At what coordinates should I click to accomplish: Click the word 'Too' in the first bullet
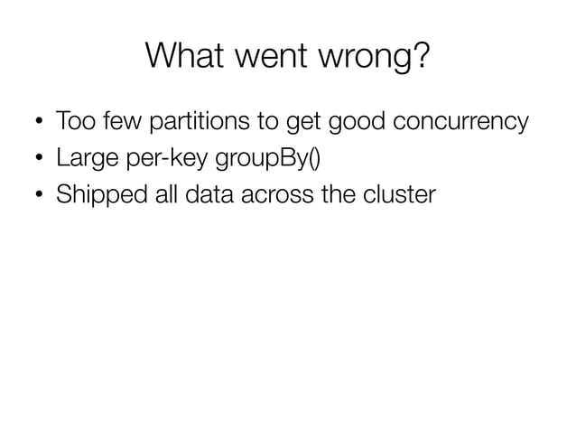coord(73,121)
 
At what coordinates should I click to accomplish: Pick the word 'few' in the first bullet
coord(114,121)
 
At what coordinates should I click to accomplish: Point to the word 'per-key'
coord(152,160)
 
